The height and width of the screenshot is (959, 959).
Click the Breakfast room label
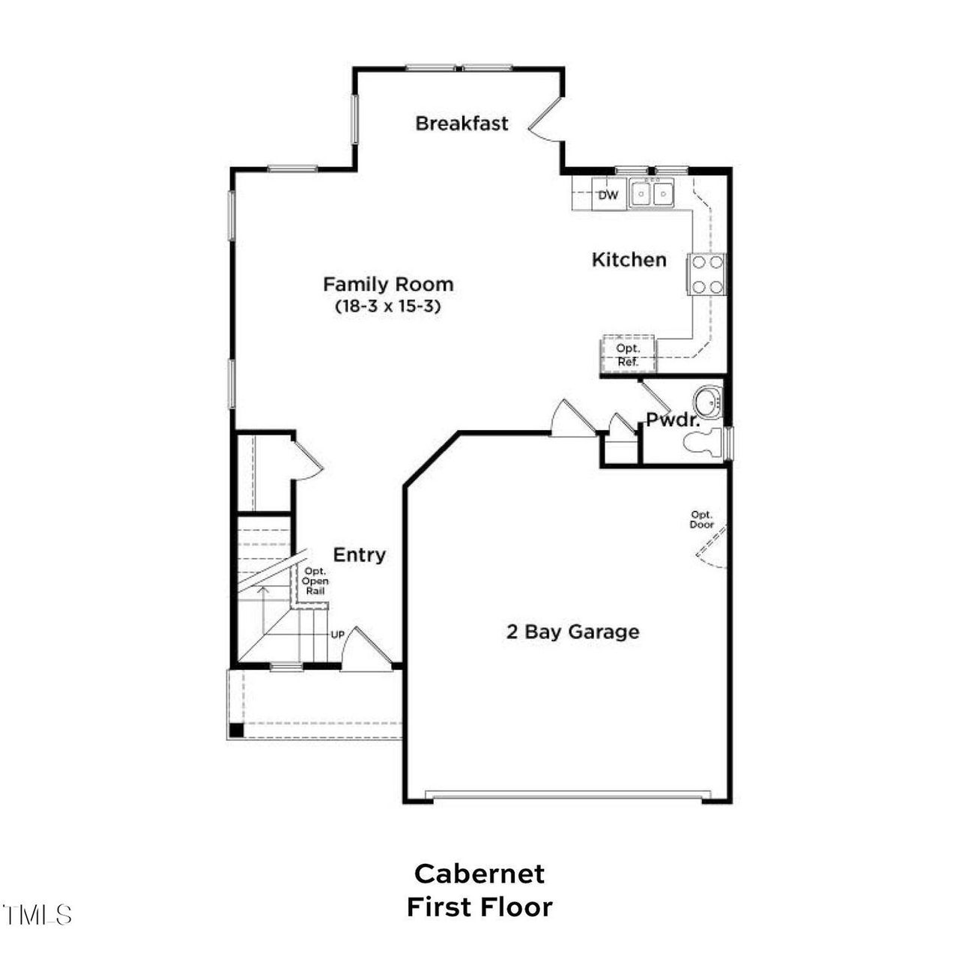(462, 124)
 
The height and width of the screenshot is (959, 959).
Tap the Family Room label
(389, 284)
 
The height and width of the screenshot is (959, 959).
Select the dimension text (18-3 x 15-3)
(389, 306)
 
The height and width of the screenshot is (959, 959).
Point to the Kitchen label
(629, 260)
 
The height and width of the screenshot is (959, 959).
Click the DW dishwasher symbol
(608, 195)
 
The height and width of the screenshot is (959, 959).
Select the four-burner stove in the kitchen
(707, 274)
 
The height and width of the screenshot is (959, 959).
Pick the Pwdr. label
(673, 420)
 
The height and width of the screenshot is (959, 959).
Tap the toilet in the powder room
(704, 442)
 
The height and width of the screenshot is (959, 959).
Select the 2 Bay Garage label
(573, 632)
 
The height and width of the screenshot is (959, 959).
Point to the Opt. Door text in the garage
(702, 519)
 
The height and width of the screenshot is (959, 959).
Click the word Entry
(360, 555)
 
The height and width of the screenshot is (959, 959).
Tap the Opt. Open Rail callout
(315, 581)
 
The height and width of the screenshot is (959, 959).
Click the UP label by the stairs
(338, 635)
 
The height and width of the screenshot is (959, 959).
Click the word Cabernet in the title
(479, 874)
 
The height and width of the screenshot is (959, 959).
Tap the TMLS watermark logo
(37, 916)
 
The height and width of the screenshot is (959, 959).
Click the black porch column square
(236, 730)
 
